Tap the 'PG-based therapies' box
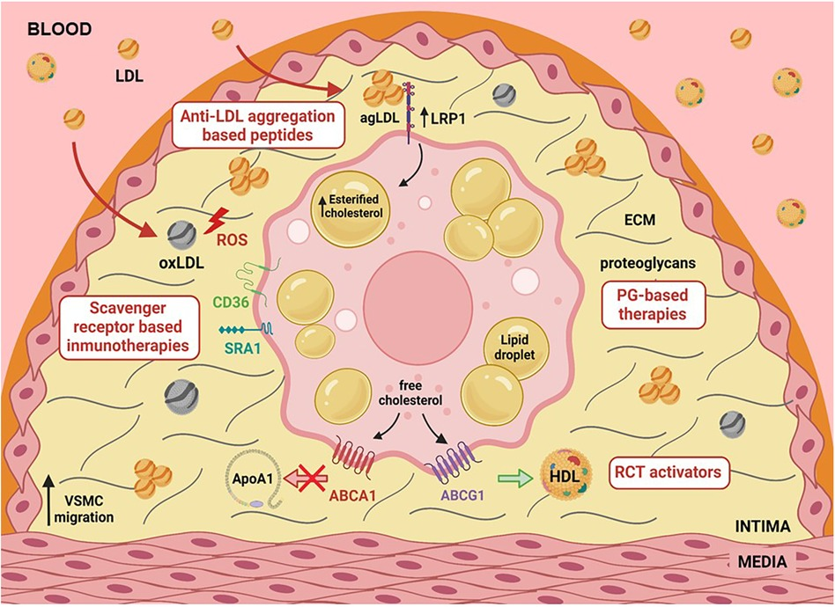click(655, 304)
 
